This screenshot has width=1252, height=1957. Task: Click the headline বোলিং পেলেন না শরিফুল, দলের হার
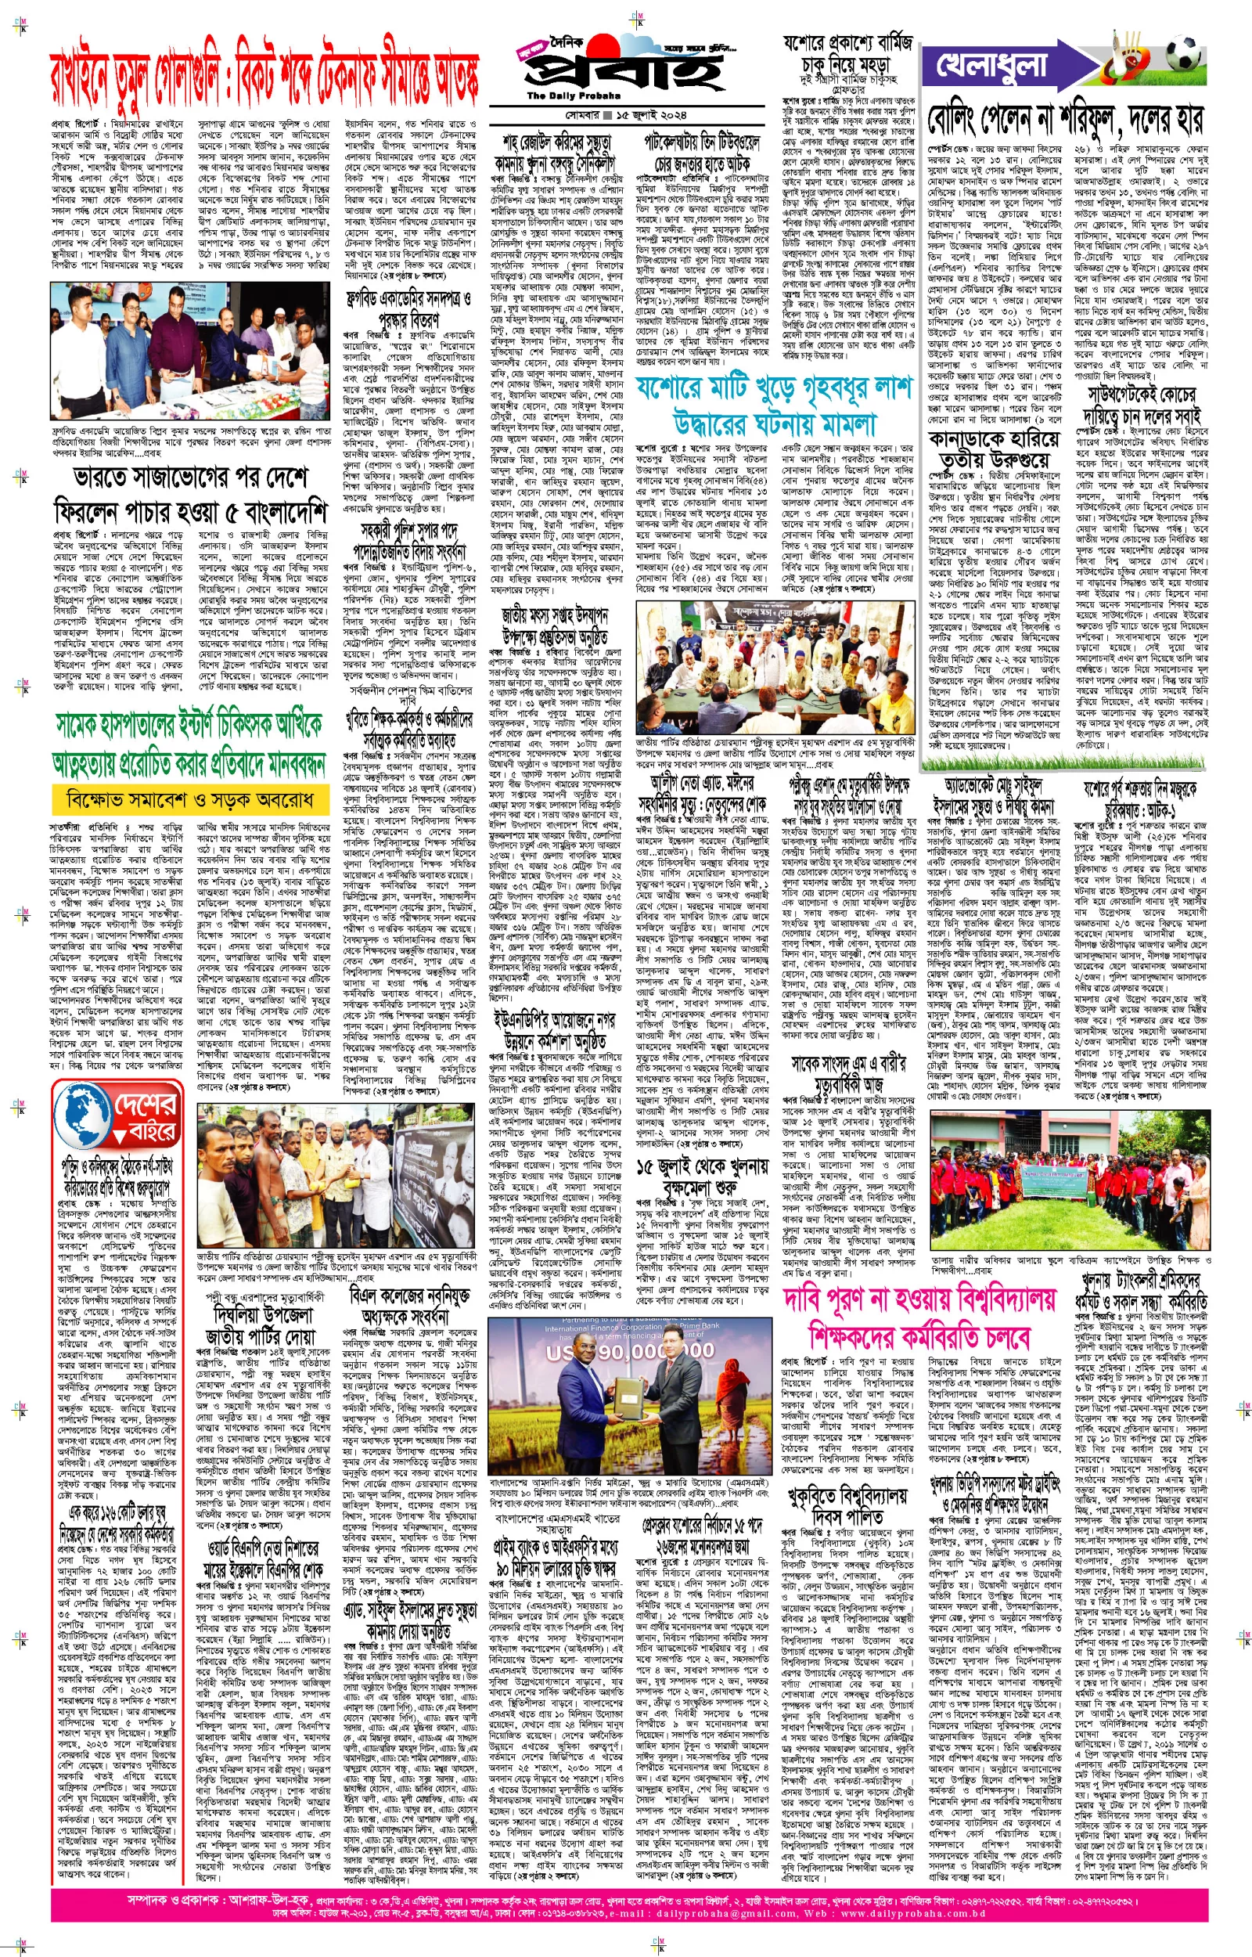[x=1065, y=120]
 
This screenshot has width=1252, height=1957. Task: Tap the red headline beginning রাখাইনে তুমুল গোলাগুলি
[x=264, y=81]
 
